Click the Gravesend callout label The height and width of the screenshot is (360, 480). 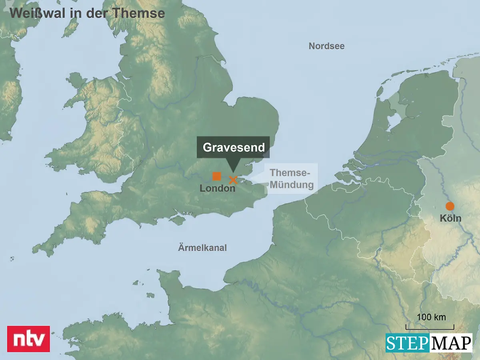pyautogui.click(x=234, y=148)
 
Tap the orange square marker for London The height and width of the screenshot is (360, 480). pyautogui.click(x=217, y=176)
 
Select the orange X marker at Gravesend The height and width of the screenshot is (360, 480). pyautogui.click(x=233, y=180)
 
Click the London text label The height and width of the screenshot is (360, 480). pyautogui.click(x=217, y=188)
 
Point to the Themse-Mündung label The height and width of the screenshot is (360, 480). pyautogui.click(x=291, y=179)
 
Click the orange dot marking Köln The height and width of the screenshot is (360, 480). pyautogui.click(x=450, y=206)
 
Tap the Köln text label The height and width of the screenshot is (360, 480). pyautogui.click(x=450, y=218)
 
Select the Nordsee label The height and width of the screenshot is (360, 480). pyautogui.click(x=326, y=46)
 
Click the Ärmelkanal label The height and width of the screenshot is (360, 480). pyautogui.click(x=202, y=248)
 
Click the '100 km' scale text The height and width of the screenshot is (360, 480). pyautogui.click(x=431, y=318)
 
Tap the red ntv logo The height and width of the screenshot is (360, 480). pyautogui.click(x=29, y=339)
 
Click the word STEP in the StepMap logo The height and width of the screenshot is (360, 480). pyautogui.click(x=407, y=343)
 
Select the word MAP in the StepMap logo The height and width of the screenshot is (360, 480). pyautogui.click(x=451, y=343)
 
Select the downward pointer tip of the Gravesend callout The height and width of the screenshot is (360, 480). pyautogui.click(x=233, y=172)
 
